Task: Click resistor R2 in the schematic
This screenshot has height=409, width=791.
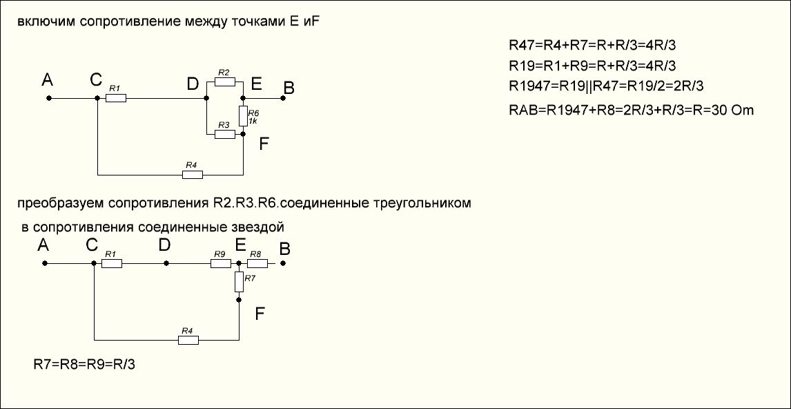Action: click(225, 82)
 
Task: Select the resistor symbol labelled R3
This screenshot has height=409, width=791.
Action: click(225, 134)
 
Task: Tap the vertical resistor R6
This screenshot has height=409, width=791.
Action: click(243, 116)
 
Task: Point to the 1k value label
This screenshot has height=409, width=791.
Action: click(253, 121)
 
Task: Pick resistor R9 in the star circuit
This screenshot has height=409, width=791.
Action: click(220, 263)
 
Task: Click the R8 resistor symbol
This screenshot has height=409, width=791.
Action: click(257, 263)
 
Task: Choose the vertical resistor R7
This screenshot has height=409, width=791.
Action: click(239, 282)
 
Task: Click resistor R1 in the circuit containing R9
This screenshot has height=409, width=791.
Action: click(112, 263)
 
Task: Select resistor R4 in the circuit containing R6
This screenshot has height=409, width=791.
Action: click(193, 175)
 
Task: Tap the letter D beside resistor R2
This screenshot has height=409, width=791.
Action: click(193, 84)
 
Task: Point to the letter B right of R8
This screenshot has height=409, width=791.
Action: click(284, 248)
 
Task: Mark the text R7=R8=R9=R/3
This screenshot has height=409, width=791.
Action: click(84, 364)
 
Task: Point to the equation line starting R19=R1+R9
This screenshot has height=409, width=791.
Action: click(592, 66)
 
